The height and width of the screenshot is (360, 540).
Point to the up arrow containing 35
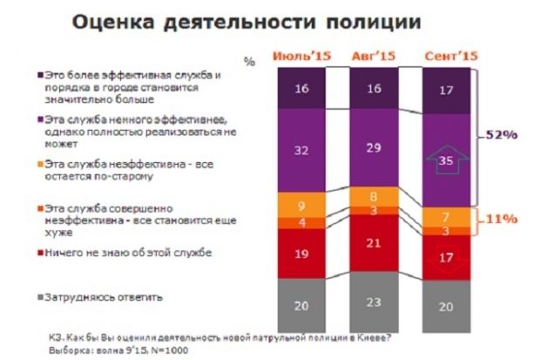(x=447, y=160)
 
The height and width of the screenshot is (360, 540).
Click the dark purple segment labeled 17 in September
(x=447, y=91)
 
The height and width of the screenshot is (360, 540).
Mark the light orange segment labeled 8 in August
(x=373, y=196)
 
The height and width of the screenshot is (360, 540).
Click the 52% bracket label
(x=502, y=135)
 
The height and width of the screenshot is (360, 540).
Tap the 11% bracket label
(x=502, y=218)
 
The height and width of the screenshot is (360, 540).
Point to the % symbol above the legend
(x=250, y=62)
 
